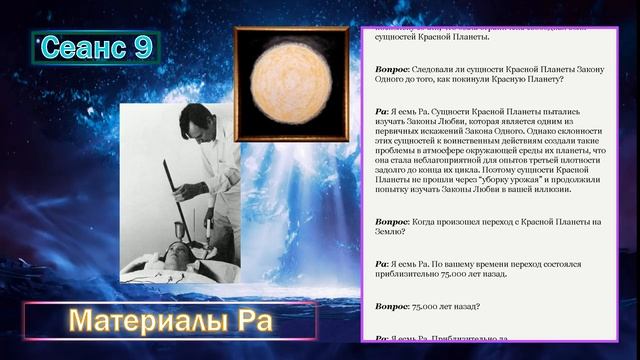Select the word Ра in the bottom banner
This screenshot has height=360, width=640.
point(250,321)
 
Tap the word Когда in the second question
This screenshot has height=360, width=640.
point(432,219)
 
